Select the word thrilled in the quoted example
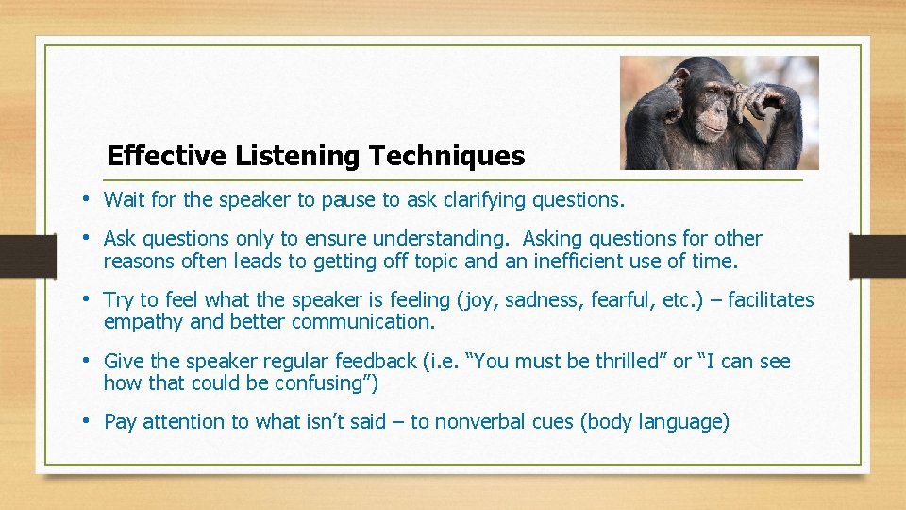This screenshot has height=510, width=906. click(x=630, y=362)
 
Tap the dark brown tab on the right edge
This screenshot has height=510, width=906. click(x=878, y=256)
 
